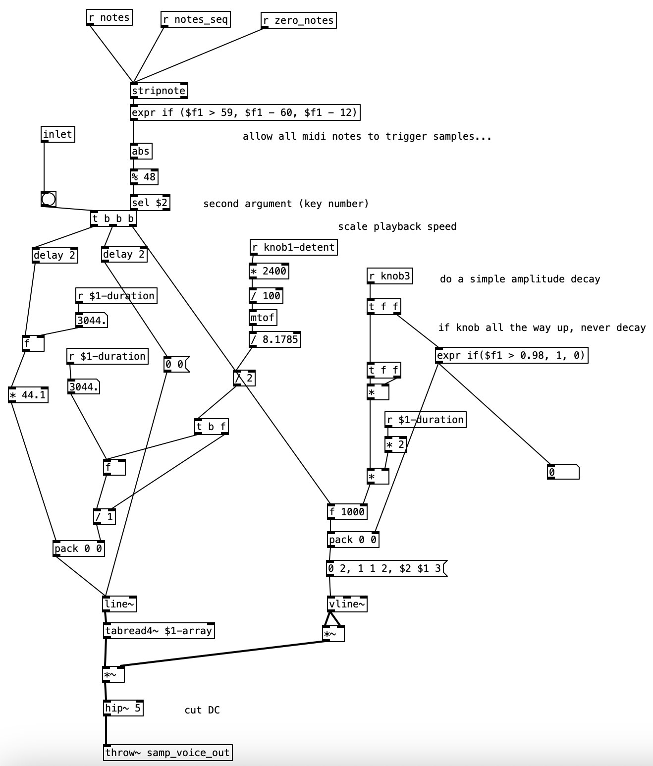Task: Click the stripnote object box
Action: coord(159,91)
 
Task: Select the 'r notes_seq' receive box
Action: coord(196,20)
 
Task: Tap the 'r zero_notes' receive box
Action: coord(299,20)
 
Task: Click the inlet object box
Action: coord(58,134)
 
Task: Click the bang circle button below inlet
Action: coord(49,199)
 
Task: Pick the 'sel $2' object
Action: coord(150,203)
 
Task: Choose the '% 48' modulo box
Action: coord(144,177)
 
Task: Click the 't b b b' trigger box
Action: coord(113,219)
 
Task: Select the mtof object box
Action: coord(263,318)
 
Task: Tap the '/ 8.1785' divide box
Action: coord(275,339)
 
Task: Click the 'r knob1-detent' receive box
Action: coord(294,247)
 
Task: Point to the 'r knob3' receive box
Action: coord(390,276)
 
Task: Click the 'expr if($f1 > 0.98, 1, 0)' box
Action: coord(512,355)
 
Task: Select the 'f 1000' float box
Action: coord(347,512)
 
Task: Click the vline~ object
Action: coord(347,604)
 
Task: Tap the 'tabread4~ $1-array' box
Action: coord(159,631)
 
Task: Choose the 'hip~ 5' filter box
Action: coord(123,708)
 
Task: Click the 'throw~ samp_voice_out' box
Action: coord(168,753)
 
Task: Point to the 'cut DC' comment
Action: coord(202,710)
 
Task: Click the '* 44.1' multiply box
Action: coord(28,395)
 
